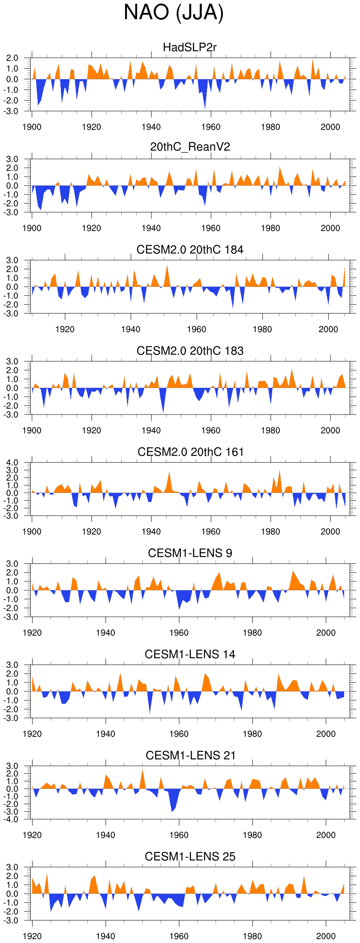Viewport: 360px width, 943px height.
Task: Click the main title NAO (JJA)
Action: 174,13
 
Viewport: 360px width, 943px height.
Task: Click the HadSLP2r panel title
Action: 190,47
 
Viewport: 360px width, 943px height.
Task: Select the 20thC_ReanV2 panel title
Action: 190,147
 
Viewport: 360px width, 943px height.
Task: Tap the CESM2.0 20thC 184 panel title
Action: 190,249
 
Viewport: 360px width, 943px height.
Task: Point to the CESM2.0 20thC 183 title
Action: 190,351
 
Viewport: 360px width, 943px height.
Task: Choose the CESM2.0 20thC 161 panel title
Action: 190,452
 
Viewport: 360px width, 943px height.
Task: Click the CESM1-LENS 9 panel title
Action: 190,553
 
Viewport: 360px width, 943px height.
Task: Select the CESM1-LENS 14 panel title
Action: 190,654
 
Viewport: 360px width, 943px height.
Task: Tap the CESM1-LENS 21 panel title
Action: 190,755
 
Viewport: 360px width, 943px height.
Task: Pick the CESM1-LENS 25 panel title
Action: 190,856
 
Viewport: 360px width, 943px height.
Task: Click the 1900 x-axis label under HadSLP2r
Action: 32,127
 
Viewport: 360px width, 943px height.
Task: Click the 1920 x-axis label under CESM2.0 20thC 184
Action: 65,329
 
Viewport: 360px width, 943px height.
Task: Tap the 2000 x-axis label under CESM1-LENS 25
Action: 326,936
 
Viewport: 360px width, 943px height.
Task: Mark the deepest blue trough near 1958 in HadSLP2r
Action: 205,108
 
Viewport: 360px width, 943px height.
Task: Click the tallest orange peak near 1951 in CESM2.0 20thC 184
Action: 167,266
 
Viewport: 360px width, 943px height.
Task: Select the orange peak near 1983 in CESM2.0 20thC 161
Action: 280,471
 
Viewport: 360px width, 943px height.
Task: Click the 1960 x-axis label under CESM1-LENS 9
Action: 179,633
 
